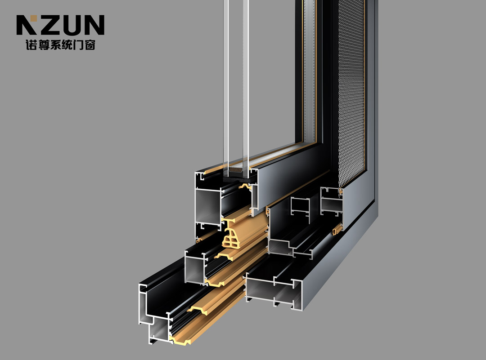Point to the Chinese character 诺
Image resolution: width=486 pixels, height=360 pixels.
click(31, 45)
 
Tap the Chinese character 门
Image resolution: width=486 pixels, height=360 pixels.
click(78, 45)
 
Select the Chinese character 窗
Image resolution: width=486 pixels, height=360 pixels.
click(90, 45)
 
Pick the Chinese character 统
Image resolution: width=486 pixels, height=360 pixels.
click(66, 45)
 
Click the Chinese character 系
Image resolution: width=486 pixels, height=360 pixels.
click(55, 45)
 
